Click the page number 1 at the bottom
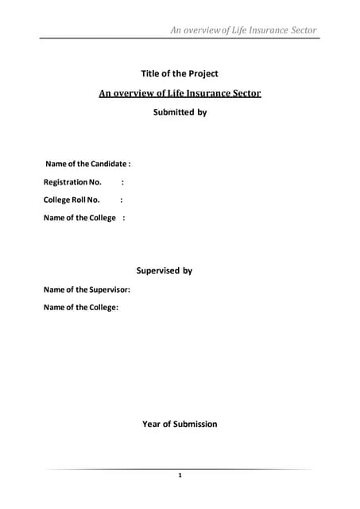[180, 476]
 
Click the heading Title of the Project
[180, 74]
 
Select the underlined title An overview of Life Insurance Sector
[180, 93]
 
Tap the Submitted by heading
[180, 112]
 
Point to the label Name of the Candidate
[87, 163]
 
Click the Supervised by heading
[165, 270]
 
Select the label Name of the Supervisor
[87, 289]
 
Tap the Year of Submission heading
[180, 424]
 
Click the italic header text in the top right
[243, 30]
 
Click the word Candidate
[106, 163]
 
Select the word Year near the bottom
[151, 424]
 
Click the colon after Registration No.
[122, 181]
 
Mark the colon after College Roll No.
[122, 200]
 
